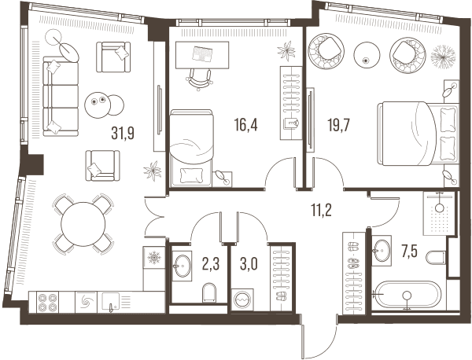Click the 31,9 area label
(x=123, y=133)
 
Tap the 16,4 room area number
(x=246, y=124)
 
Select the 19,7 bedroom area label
(x=338, y=125)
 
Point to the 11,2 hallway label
(x=321, y=210)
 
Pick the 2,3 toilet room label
(x=211, y=264)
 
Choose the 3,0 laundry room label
(x=249, y=264)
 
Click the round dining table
(x=83, y=224)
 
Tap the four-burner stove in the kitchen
(x=47, y=303)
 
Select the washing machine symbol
(x=242, y=299)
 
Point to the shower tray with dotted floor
(x=440, y=213)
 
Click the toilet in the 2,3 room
(x=209, y=292)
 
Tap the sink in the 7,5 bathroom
(x=382, y=251)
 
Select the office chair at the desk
(x=200, y=79)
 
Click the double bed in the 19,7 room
(x=419, y=134)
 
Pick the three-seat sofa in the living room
(x=61, y=96)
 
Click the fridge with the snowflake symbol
(x=154, y=258)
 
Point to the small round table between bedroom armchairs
(x=366, y=55)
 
